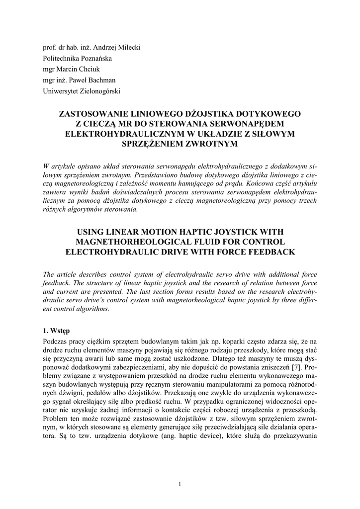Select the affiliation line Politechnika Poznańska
[x=77, y=58]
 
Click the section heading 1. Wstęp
[x=56, y=331]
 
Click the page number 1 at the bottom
[x=180, y=485]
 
